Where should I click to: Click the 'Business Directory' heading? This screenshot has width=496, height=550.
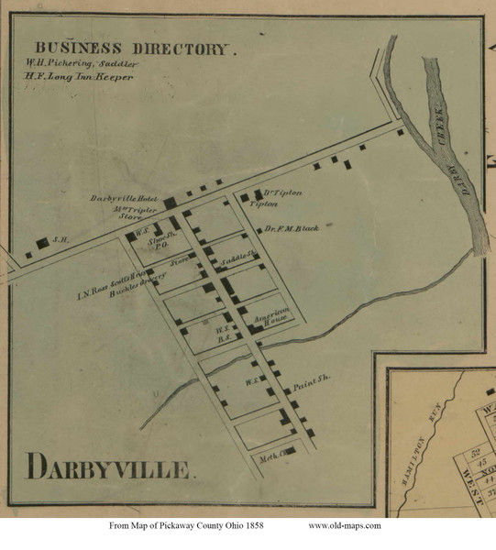(134, 48)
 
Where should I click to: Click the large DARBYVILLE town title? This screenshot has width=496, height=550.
(109, 467)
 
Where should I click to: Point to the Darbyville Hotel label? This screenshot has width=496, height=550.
(125, 199)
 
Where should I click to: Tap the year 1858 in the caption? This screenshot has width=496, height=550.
(269, 525)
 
